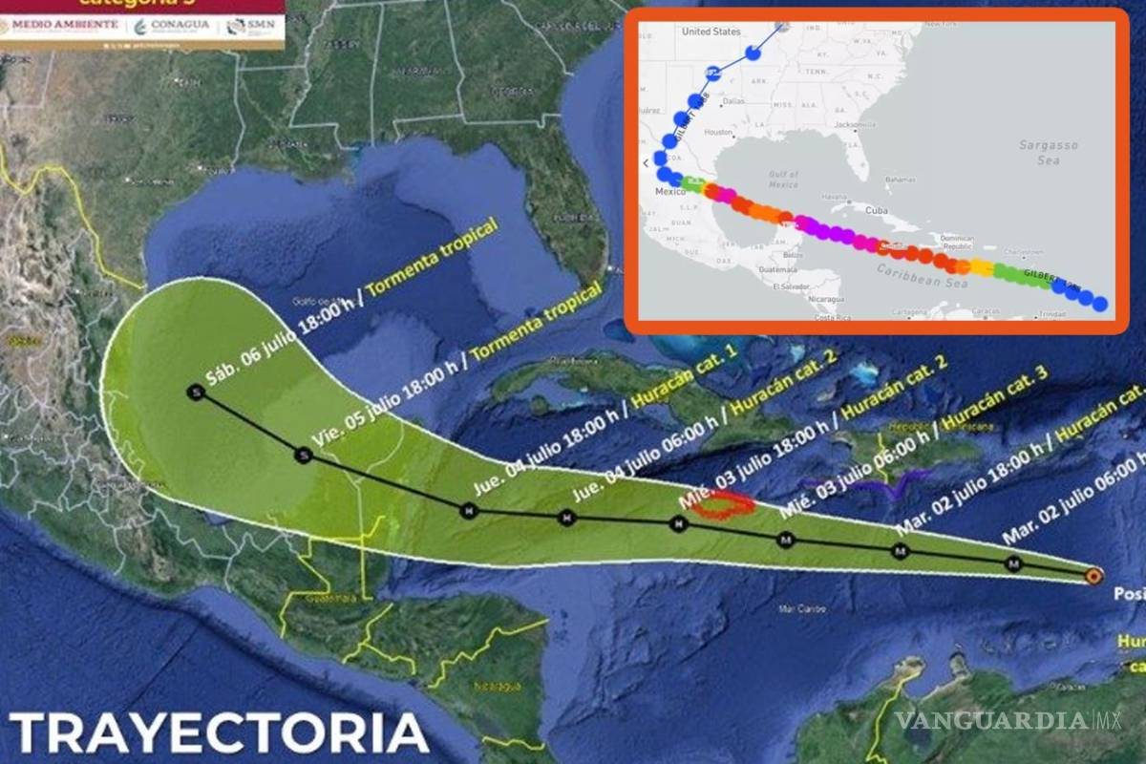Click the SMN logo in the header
[253, 26]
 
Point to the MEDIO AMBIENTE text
[63, 24]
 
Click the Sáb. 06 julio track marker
[196, 393]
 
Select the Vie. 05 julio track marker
[305, 456]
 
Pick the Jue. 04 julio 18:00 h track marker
[468, 511]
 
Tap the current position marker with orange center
[1093, 576]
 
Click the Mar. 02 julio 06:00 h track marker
[1013, 565]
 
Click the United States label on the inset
[711, 32]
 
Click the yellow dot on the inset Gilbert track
[982, 267]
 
